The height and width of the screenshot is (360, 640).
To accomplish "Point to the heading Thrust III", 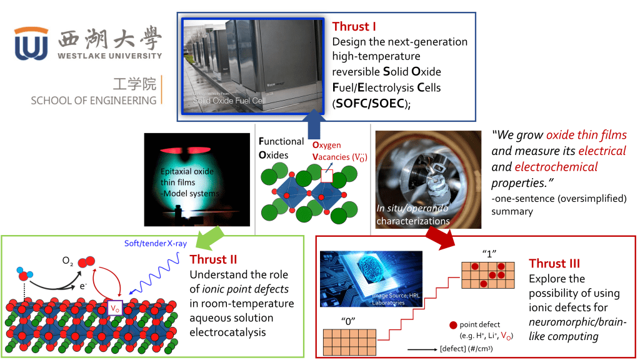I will (554, 263).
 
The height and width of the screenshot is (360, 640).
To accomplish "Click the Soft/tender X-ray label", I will (152, 243).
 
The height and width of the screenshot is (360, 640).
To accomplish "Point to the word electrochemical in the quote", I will (556, 167).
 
